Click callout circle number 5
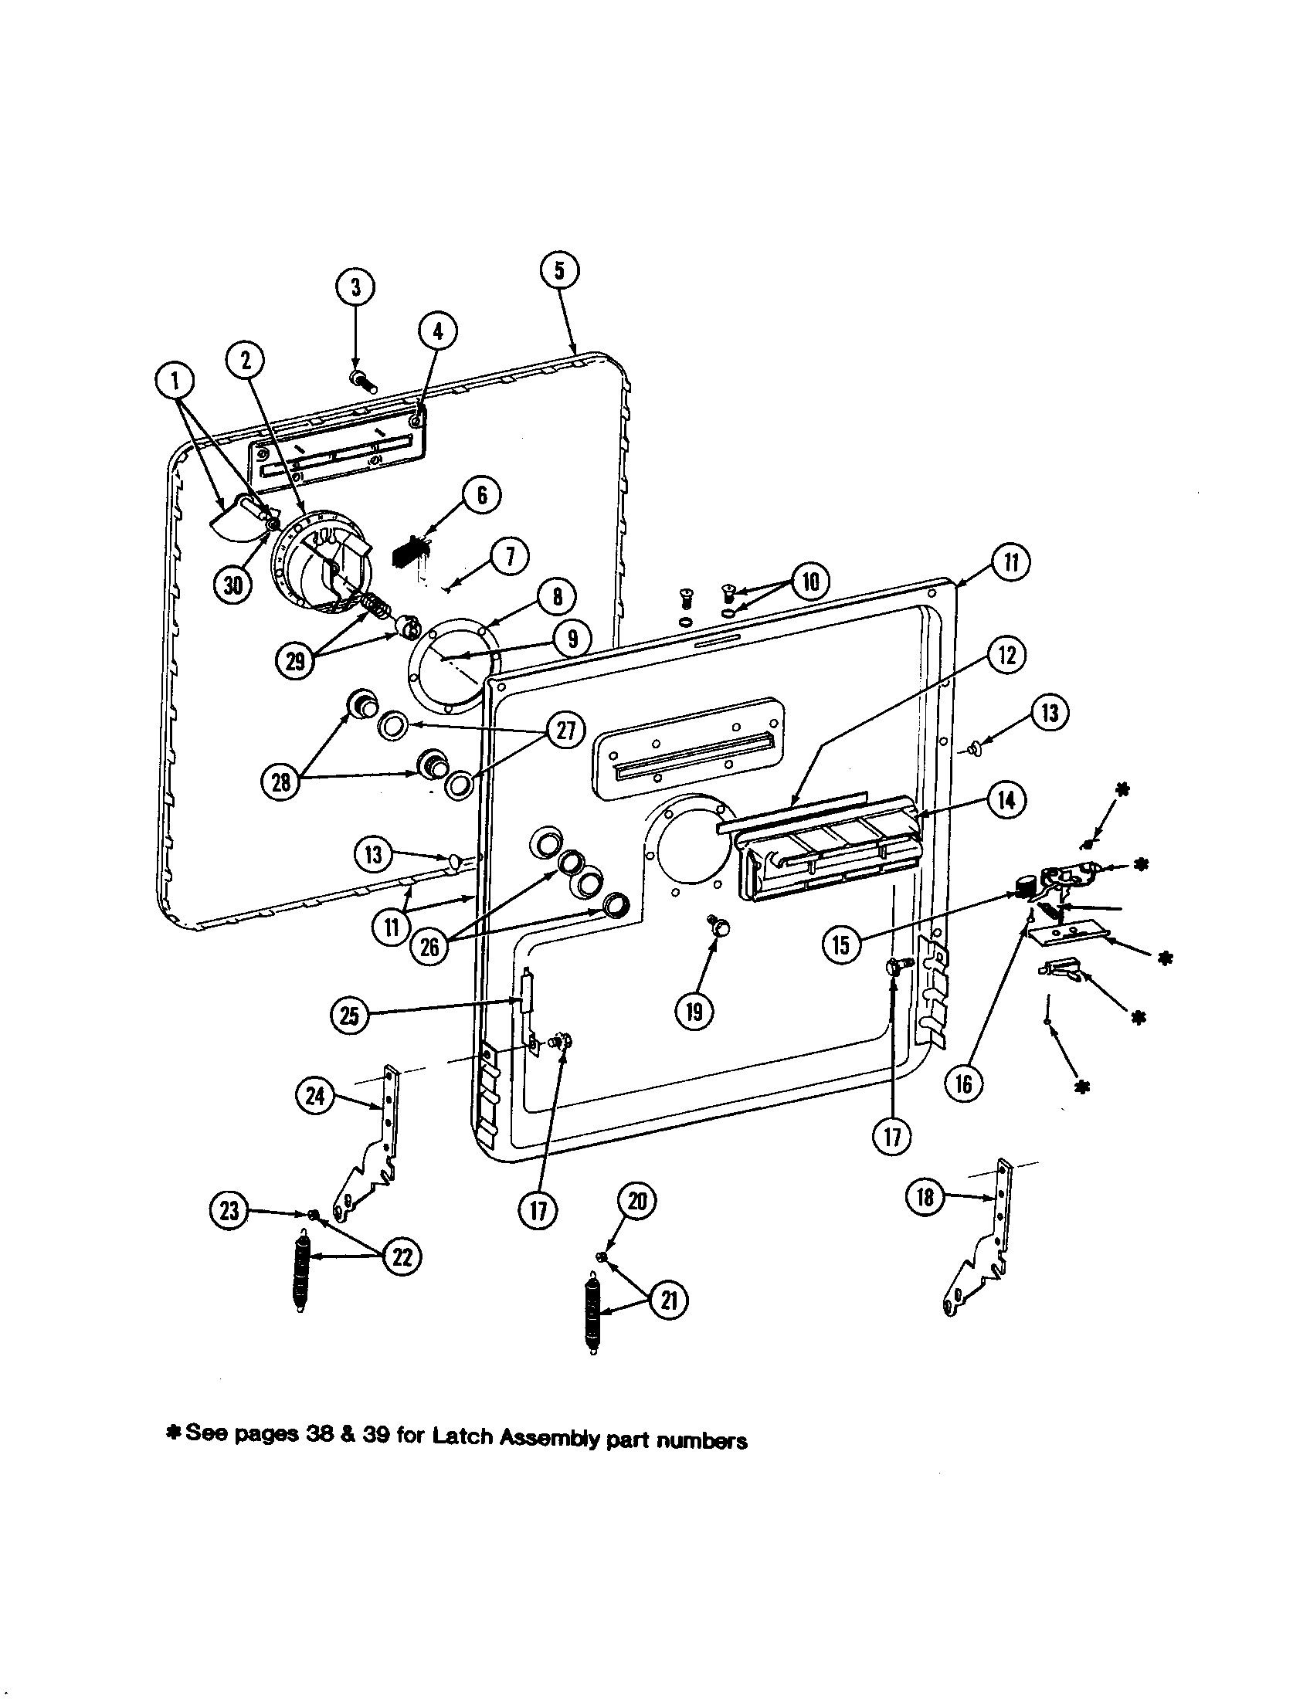[x=560, y=270]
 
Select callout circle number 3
[x=355, y=287]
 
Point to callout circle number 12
[x=1006, y=655]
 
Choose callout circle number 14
[x=1006, y=800]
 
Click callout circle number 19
[x=694, y=1011]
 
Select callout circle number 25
[x=350, y=1016]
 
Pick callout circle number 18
[x=924, y=1196]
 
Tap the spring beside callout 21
[x=592, y=1314]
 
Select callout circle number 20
[x=637, y=1201]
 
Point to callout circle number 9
[x=572, y=639]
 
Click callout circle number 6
[x=481, y=495]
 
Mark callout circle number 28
[x=281, y=781]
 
